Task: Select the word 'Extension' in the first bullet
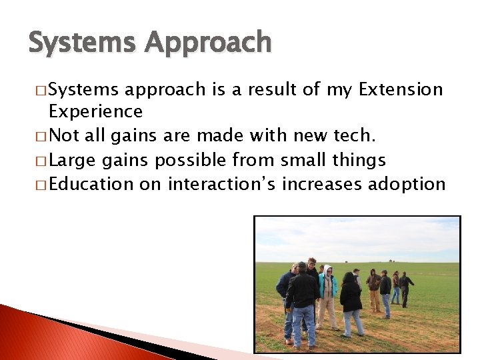pos(401,90)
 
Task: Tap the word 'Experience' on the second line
pos(95,111)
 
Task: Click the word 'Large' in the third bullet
pos(73,160)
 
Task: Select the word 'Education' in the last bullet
pos(91,184)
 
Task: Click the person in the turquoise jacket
pos(327,293)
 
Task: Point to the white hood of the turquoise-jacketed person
pos(327,271)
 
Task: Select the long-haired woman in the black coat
pos(351,300)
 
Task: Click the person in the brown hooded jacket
pos(375,287)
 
